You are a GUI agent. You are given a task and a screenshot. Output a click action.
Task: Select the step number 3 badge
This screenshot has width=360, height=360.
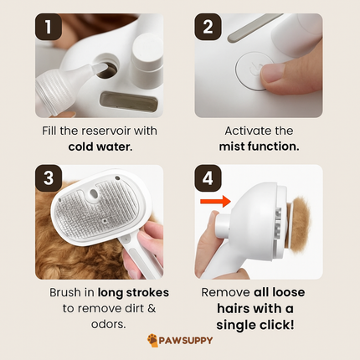coord(49,177)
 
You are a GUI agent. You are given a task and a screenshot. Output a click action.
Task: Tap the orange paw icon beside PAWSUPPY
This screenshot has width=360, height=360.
coord(152,341)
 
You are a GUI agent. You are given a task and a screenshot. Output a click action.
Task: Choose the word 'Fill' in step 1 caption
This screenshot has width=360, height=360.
coord(51,131)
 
